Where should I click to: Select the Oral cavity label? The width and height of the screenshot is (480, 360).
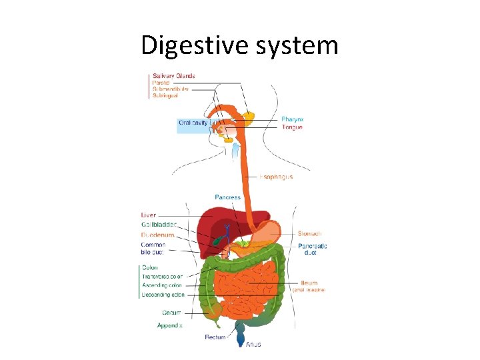[x=193, y=123]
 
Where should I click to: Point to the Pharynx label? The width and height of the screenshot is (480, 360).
[x=292, y=119]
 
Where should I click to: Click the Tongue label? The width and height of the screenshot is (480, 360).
[x=292, y=127]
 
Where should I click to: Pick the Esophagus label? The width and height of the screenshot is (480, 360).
[x=276, y=177]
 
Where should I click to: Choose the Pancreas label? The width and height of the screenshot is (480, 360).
[x=227, y=197]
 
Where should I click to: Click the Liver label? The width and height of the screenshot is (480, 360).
[x=149, y=215]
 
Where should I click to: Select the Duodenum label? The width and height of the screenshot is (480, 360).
[x=158, y=235]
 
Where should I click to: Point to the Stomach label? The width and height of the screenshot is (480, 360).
[x=309, y=233]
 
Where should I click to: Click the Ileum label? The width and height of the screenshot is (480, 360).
[x=308, y=282]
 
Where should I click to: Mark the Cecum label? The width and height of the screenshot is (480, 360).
[x=171, y=313]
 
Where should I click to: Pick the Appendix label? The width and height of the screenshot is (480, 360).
[x=169, y=325]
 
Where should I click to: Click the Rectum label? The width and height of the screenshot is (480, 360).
[x=215, y=337]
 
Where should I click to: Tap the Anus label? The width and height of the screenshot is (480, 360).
[x=253, y=344]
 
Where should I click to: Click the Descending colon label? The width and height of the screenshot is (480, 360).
[x=163, y=294]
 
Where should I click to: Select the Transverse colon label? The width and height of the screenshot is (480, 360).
[x=162, y=276]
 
